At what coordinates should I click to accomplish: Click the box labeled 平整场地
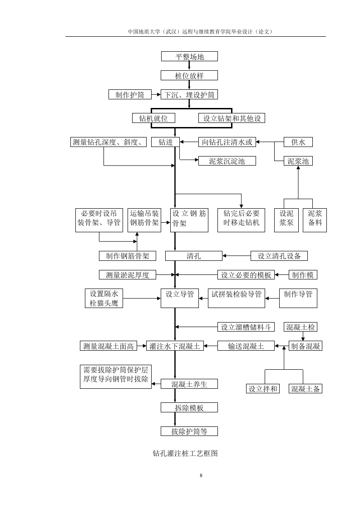click(189, 57)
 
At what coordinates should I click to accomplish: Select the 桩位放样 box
click(189, 76)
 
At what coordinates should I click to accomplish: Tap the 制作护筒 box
click(130, 95)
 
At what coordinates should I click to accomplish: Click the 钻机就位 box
click(154, 118)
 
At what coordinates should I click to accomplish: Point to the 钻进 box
click(165, 142)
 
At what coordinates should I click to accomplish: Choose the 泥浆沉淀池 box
click(227, 161)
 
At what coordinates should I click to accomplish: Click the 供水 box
click(298, 142)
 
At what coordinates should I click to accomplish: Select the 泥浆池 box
click(298, 161)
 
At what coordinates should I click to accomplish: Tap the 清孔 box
click(194, 256)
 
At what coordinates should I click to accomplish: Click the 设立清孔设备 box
click(279, 256)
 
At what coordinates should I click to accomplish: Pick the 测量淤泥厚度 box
click(128, 274)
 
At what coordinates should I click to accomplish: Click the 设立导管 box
click(180, 299)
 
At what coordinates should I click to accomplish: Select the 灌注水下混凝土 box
click(175, 346)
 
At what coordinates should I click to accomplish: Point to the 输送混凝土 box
click(246, 346)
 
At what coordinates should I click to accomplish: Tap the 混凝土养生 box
click(189, 384)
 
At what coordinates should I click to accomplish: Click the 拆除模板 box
click(189, 407)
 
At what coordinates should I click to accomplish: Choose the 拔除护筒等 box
click(189, 431)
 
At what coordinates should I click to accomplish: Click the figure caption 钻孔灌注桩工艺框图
click(185, 453)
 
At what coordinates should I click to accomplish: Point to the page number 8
click(201, 475)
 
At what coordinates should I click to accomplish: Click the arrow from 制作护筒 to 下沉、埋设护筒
click(156, 95)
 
